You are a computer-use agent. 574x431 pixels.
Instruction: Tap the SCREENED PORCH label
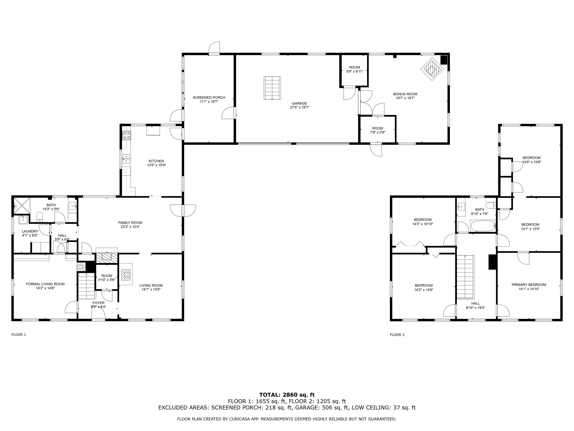209,97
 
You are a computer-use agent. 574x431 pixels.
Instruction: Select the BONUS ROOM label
405,94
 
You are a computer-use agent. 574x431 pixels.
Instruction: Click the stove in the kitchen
127,135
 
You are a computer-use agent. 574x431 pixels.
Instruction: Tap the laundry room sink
23,220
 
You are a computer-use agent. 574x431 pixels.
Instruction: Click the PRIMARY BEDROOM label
529,285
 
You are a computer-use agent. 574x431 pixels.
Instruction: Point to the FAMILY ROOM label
130,223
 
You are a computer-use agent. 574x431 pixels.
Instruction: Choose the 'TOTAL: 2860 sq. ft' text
287,395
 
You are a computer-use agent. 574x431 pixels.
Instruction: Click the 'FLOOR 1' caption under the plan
19,335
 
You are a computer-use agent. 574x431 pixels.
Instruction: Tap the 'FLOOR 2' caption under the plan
397,335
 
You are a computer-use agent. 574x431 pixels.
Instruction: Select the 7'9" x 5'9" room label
378,132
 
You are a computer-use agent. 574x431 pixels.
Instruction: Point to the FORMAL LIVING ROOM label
45,284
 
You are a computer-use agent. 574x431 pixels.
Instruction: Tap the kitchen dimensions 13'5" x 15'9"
156,165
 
